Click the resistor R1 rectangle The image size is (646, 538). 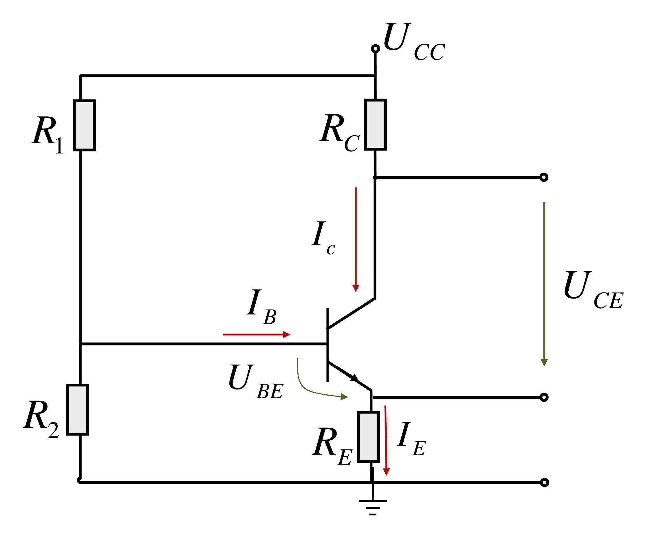(x=84, y=125)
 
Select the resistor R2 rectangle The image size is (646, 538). (x=77, y=409)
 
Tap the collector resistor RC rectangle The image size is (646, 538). (x=375, y=125)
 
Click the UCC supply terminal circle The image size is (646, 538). (x=375, y=49)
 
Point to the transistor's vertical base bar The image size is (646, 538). (x=327, y=345)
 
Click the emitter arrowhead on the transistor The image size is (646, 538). (x=355, y=378)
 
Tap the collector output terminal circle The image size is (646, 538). (x=544, y=177)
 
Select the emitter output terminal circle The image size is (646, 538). (x=544, y=398)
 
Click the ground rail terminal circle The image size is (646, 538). (x=544, y=483)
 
